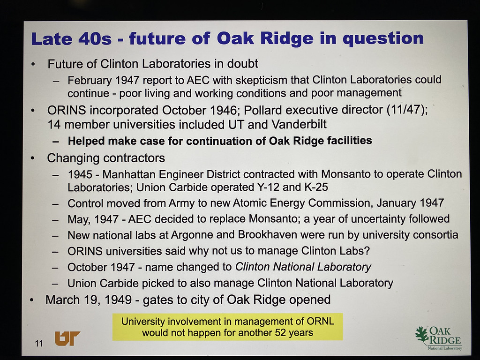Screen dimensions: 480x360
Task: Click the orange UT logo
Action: pyautogui.click(x=67, y=338)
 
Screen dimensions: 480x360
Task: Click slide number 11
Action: pyautogui.click(x=39, y=344)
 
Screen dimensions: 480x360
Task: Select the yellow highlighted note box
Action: pyautogui.click(x=227, y=327)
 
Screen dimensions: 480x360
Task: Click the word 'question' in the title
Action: pyautogui.click(x=383, y=39)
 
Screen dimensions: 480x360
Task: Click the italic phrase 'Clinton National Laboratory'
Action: pyautogui.click(x=303, y=267)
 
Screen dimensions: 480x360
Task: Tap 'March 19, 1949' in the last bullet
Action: pyautogui.click(x=89, y=300)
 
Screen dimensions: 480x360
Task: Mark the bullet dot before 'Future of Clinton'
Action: pyautogui.click(x=33, y=64)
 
